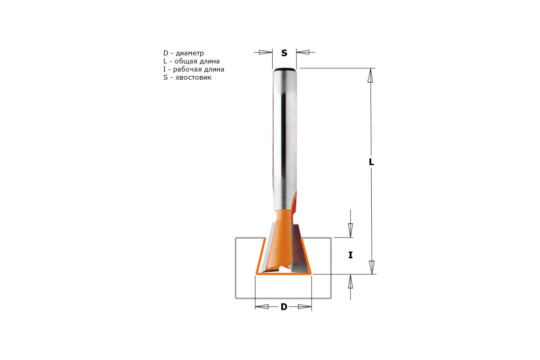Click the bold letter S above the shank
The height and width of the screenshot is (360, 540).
[284, 53]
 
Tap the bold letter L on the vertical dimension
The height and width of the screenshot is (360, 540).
[371, 162]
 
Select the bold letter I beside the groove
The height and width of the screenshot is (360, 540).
[351, 255]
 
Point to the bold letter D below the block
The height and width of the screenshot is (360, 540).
[284, 307]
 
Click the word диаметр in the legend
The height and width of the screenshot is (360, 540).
[190, 53]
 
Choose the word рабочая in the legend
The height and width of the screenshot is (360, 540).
[188, 69]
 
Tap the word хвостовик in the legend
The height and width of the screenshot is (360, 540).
[193, 77]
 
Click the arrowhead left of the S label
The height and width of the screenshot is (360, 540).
[265, 52]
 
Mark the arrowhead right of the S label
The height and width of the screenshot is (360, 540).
[303, 52]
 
